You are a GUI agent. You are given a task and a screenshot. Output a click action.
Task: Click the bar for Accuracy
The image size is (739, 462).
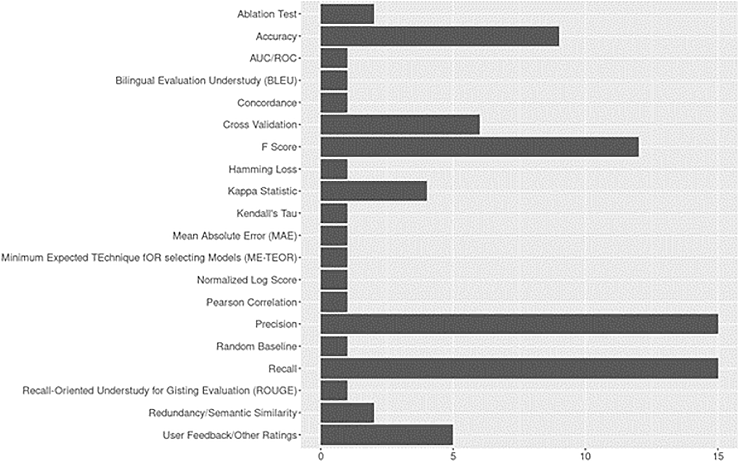[x=440, y=36]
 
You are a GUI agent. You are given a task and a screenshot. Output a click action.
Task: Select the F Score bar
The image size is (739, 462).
[x=479, y=147]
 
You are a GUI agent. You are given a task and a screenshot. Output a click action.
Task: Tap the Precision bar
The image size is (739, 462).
[x=519, y=324]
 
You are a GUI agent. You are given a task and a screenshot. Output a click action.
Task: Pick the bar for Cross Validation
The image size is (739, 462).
[x=400, y=125]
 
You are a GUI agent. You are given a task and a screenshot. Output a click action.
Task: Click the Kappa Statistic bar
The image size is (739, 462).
[x=374, y=191]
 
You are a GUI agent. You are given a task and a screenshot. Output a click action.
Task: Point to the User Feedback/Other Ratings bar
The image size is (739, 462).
[x=386, y=435]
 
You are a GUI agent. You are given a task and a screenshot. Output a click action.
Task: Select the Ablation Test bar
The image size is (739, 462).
[x=347, y=14]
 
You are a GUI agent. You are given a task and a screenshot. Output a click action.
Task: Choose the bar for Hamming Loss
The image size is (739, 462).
[x=334, y=169]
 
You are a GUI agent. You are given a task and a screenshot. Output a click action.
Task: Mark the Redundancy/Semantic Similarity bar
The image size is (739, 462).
[x=347, y=412]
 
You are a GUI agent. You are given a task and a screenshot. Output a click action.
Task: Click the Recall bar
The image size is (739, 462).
[x=519, y=368]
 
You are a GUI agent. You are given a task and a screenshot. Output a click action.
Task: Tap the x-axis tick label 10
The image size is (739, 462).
[x=585, y=456]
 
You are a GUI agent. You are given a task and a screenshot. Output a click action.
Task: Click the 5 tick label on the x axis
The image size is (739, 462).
[x=453, y=456]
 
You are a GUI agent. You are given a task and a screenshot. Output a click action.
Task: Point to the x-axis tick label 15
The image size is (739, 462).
[x=718, y=456]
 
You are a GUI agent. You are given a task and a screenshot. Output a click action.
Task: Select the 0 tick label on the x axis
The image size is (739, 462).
[x=321, y=456]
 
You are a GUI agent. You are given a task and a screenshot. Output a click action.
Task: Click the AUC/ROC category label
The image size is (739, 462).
[x=273, y=58]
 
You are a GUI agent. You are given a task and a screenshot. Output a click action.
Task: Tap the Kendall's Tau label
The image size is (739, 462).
[x=267, y=213]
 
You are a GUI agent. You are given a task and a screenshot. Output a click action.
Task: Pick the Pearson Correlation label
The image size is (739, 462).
[x=252, y=302]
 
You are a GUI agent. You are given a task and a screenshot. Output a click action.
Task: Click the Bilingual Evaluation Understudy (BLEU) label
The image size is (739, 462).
[x=206, y=81]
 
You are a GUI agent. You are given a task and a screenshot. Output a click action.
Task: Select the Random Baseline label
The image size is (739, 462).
[x=256, y=346]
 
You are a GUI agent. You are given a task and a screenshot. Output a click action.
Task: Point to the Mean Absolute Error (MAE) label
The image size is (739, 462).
[x=235, y=236]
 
